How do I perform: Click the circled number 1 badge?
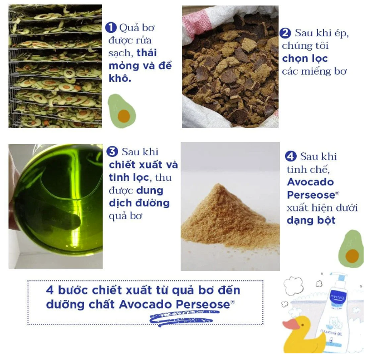(111, 28)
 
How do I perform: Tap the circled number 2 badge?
(285, 33)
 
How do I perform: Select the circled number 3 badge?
(112, 152)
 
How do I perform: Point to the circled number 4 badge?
(291, 156)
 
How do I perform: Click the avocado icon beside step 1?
(121, 111)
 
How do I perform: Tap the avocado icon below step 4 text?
(351, 249)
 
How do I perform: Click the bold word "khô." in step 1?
(120, 78)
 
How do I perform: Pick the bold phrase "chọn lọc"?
(305, 58)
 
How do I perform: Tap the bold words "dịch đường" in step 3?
(139, 203)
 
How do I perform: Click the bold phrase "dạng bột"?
(311, 220)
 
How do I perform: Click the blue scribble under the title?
(184, 318)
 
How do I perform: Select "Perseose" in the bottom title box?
(203, 304)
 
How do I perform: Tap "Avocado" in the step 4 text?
(310, 182)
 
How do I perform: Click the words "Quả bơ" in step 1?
(137, 28)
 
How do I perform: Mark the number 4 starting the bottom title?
(50, 290)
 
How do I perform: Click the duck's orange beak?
(291, 324)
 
